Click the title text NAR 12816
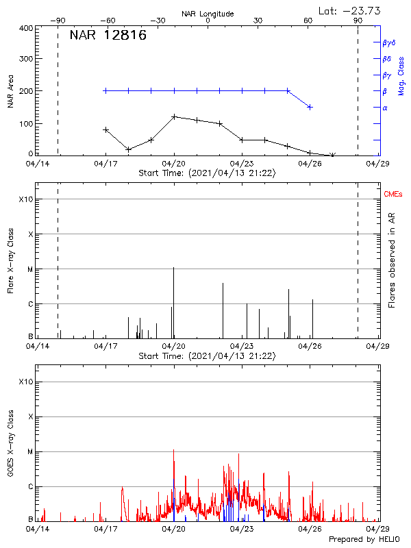(x=108, y=36)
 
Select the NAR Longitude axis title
(x=208, y=14)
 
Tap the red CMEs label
(x=393, y=195)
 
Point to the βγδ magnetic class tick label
(x=388, y=42)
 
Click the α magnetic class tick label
(x=385, y=108)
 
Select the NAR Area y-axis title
(x=11, y=91)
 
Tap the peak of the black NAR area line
(x=174, y=116)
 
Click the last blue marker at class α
(x=310, y=107)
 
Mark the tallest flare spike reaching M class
(x=173, y=268)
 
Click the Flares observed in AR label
(x=392, y=260)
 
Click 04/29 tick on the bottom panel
(x=377, y=530)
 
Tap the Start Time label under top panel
(x=208, y=173)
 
